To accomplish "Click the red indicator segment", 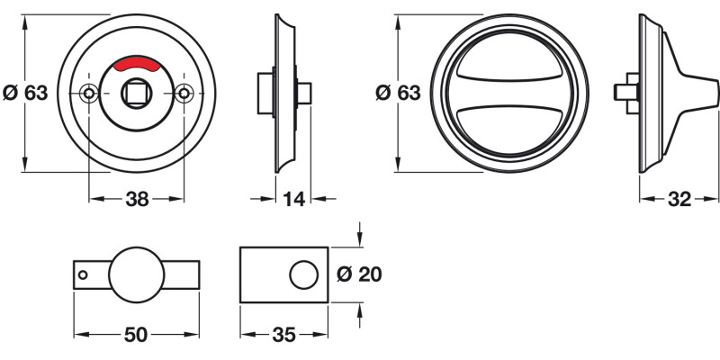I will (136, 63).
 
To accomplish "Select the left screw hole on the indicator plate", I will (88, 93).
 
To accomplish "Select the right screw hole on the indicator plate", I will (184, 93).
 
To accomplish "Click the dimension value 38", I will (136, 201).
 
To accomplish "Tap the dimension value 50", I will (135, 335).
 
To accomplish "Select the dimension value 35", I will (283, 335).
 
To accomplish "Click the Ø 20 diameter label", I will (357, 274).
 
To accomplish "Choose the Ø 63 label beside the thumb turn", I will (397, 93).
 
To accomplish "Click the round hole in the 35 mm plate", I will (303, 274).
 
